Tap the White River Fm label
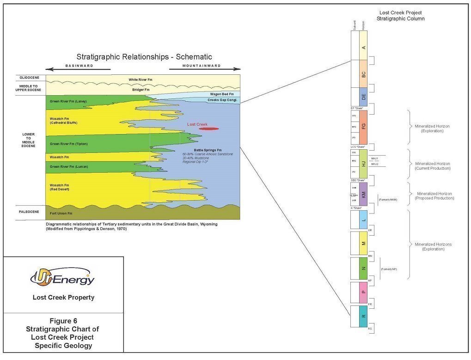click(141, 79)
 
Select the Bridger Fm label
click(141, 90)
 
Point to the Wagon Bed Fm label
click(222, 94)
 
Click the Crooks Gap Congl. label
click(222, 100)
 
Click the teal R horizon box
click(363, 316)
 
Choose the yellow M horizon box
click(363, 243)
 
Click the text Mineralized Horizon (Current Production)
click(433, 166)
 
